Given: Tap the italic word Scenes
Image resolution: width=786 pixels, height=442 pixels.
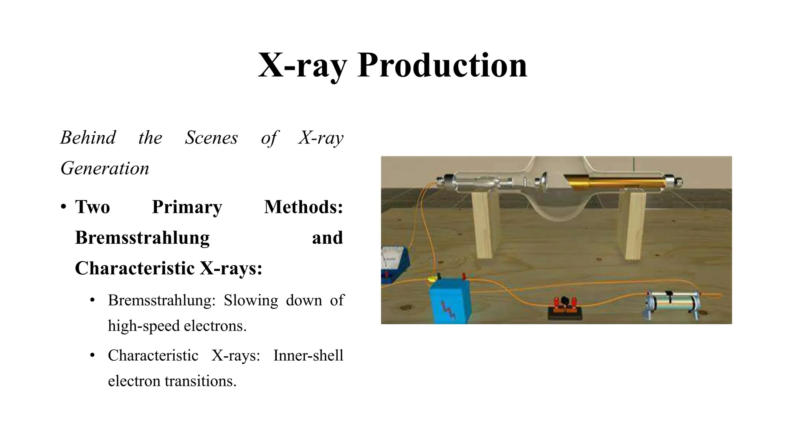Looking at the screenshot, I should coord(211,137).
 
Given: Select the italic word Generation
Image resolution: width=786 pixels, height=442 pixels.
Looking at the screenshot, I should coord(105,168).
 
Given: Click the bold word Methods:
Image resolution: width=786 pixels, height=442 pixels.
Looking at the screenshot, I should coord(303,207).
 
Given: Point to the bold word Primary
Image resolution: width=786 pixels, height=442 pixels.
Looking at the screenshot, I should coord(187,207).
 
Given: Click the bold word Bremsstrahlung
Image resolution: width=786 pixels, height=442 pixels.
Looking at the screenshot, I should coord(142,237).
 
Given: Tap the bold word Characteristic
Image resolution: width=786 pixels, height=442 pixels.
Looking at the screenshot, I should coord(134,268).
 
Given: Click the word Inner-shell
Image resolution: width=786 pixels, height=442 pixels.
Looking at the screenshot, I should coord(308,355).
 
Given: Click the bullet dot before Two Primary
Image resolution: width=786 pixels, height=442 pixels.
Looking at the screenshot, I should coord(63,207).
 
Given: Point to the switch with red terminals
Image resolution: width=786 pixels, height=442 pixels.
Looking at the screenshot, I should coord(564,308).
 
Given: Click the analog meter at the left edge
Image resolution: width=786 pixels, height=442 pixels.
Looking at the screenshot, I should coord(394,264).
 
